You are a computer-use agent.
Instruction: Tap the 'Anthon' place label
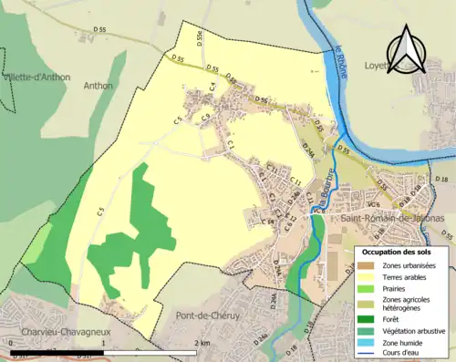click(x=97, y=86)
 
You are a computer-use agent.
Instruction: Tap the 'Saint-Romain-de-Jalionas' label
click(x=386, y=220)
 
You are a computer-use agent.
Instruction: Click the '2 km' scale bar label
click(x=203, y=343)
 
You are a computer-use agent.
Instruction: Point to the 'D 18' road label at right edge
click(x=442, y=179)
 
